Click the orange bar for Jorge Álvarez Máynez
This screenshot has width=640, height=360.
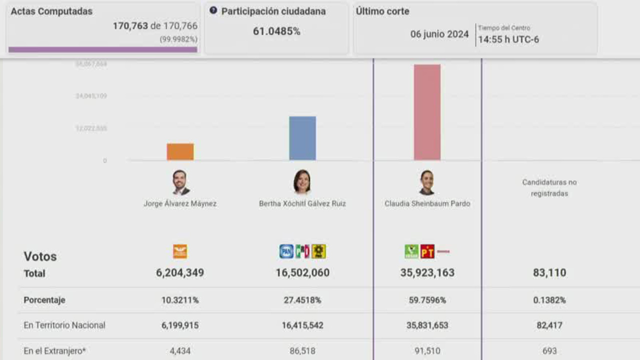point(180,151)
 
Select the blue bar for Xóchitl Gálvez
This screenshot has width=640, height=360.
point(302,138)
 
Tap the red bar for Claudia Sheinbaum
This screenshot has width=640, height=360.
point(427,112)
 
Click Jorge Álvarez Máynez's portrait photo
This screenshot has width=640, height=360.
point(180,182)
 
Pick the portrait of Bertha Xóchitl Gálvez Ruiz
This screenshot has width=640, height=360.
point(302,182)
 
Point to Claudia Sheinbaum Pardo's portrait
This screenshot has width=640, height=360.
point(427,182)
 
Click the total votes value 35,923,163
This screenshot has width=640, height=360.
point(427,273)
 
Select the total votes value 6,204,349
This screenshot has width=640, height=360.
point(180,273)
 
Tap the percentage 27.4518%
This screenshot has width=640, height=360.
point(302,300)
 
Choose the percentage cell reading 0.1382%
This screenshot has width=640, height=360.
point(549,300)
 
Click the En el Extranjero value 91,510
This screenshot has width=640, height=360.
point(427,351)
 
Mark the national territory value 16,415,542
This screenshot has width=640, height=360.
point(302,325)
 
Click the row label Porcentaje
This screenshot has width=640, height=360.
point(45,300)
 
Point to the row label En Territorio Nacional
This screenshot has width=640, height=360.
point(65,325)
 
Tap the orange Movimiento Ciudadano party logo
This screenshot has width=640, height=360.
point(180,251)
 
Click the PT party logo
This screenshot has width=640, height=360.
point(427,251)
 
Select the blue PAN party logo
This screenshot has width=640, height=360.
point(286,251)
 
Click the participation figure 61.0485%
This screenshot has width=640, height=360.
point(276,31)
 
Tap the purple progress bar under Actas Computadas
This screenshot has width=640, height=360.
point(103,49)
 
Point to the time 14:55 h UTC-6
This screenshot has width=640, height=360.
point(508,39)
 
